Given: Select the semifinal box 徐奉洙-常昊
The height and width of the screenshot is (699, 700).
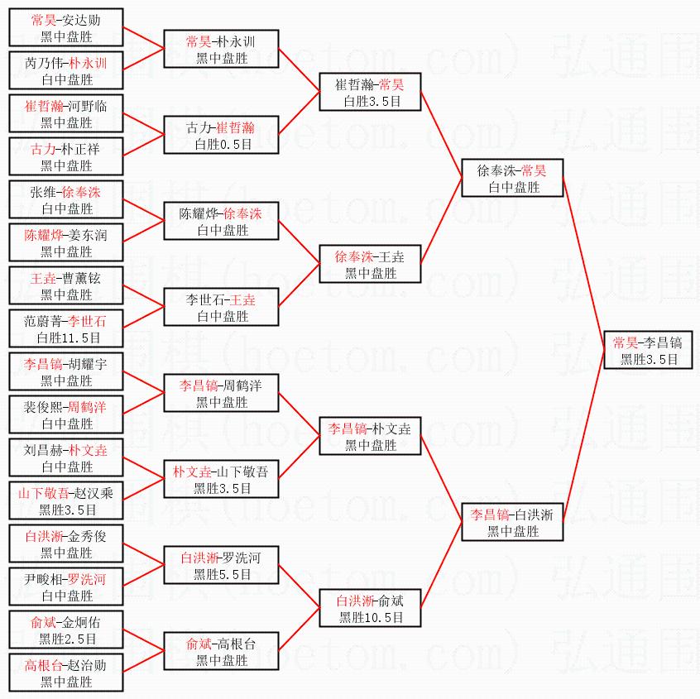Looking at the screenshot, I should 512,178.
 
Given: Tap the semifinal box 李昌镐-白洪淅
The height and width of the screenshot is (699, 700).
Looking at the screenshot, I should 512,522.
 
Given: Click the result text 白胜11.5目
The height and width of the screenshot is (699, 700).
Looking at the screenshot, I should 67,338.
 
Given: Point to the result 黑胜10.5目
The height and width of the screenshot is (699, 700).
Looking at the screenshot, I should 371,617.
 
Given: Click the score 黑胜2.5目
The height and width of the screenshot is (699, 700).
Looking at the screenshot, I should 67,639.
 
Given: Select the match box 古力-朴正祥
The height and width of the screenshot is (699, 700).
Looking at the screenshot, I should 67,156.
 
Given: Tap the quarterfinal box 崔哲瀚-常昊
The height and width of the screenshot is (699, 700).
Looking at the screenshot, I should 371,92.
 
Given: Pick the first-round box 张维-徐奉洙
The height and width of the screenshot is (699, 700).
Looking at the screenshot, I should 67,199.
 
